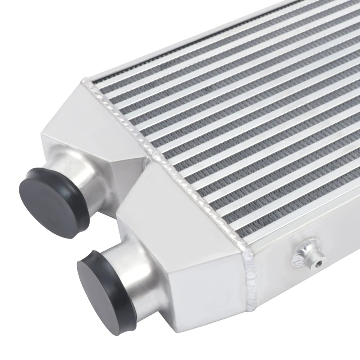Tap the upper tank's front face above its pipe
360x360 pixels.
point(75,142)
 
